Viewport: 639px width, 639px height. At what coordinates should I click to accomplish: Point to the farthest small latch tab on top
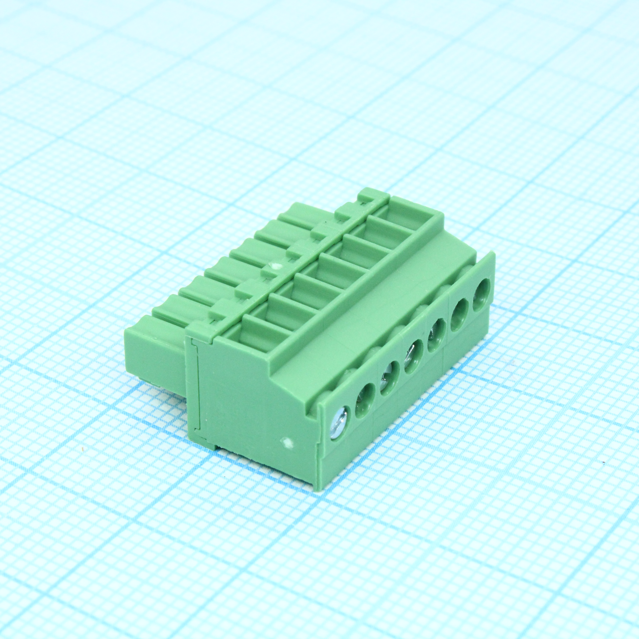coord(367,195)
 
